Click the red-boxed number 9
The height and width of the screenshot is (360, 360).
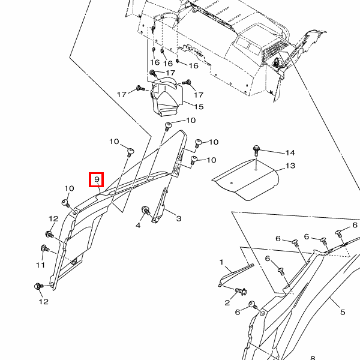[96, 179]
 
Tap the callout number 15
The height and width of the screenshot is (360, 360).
[198, 107]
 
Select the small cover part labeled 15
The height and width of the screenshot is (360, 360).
[167, 96]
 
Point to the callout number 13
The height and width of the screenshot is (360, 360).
[290, 166]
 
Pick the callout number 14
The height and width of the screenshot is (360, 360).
[290, 152]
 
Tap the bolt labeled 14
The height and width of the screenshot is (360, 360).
[257, 149]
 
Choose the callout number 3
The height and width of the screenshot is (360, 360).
[178, 218]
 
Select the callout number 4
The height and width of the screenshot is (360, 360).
[138, 225]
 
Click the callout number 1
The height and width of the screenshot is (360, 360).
[221, 262]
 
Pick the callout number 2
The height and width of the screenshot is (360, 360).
[227, 302]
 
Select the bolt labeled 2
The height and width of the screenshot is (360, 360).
[241, 292]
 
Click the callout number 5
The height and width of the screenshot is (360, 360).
[343, 312]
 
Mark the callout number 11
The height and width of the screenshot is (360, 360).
[41, 265]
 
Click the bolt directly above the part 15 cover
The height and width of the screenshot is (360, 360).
[153, 73]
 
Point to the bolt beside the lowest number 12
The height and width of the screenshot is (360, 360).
[38, 287]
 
